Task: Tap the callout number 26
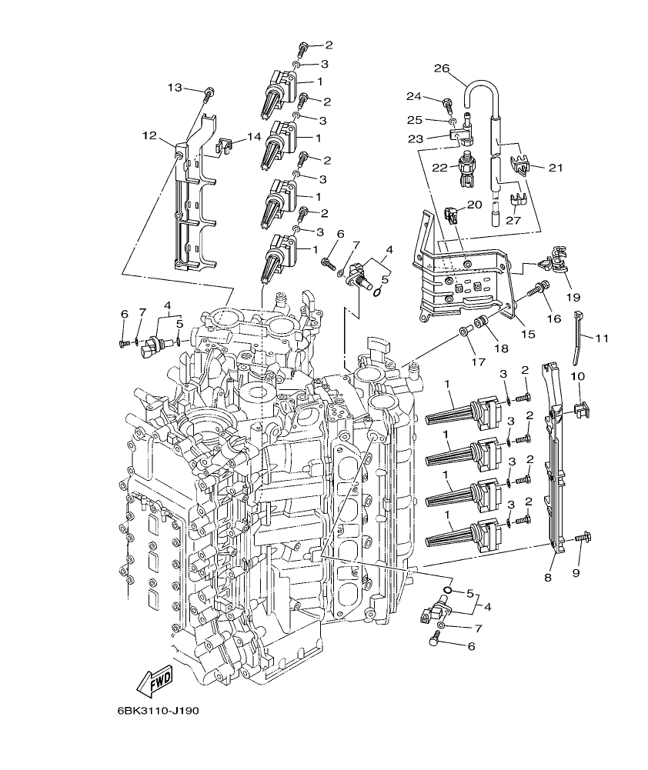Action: click(441, 68)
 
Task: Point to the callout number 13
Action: click(175, 88)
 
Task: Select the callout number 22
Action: click(439, 168)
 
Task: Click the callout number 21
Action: click(555, 167)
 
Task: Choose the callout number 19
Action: click(573, 297)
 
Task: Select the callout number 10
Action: click(577, 376)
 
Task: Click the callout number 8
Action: click(548, 576)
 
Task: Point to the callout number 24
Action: click(413, 96)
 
